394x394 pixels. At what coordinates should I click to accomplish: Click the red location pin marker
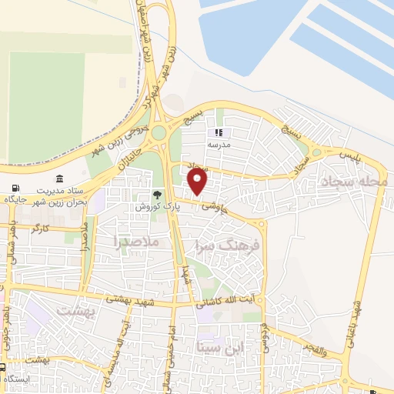(198, 182)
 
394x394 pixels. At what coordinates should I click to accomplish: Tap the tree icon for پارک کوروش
(158, 195)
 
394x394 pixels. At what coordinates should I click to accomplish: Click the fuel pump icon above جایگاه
(17, 189)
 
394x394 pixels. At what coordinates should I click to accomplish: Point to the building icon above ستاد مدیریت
(60, 179)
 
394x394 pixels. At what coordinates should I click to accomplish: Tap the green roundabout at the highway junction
(159, 133)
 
